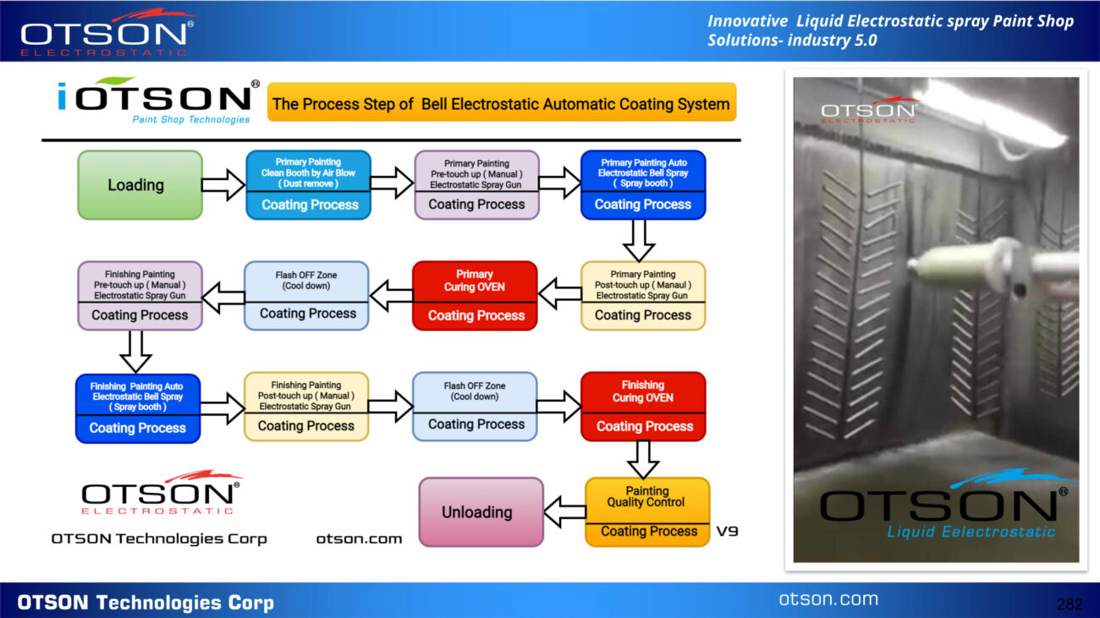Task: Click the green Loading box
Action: (140, 185)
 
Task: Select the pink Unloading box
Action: (481, 512)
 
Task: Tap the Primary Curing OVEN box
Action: (475, 296)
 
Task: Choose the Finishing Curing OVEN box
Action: (643, 407)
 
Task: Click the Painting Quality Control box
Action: (647, 512)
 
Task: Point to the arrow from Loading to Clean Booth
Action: (223, 185)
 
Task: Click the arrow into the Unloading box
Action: (564, 512)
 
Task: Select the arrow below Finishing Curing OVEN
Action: (643, 460)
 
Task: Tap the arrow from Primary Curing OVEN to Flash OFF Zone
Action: (392, 296)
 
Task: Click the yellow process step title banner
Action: (502, 102)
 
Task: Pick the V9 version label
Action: (728, 531)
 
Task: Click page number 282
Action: (1069, 604)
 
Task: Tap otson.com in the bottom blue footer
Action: (829, 599)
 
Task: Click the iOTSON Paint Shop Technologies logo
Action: (158, 101)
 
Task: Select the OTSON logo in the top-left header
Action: (107, 32)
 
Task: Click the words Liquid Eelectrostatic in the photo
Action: (971, 532)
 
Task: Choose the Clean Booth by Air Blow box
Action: (308, 185)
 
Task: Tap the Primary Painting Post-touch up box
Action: (643, 296)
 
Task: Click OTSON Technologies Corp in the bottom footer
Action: (146, 603)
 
